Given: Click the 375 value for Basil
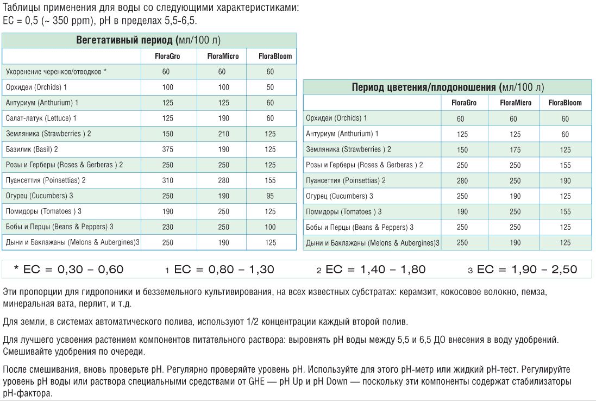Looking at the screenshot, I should (x=167, y=149).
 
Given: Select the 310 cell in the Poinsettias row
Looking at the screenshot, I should (x=167, y=180).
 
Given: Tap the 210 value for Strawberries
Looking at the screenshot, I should (x=222, y=134).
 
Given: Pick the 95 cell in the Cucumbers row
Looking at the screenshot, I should (x=270, y=196).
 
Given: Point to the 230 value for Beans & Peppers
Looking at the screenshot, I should (x=167, y=227).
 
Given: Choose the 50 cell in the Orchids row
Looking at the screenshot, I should (x=270, y=87).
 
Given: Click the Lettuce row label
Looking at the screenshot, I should (x=41, y=118).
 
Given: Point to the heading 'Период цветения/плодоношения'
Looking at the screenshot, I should (x=424, y=87).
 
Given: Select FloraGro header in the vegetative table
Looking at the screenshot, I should (x=167, y=56).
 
